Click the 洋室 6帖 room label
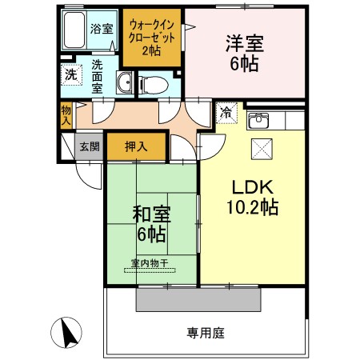pyautogui.click(x=245, y=54)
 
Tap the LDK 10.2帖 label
pyautogui.click(x=253, y=198)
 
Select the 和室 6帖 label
pyautogui.click(x=151, y=225)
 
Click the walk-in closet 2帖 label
pyautogui.click(x=151, y=38)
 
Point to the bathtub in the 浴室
pyautogui.click(x=74, y=30)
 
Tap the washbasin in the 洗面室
pyautogui.click(x=124, y=82)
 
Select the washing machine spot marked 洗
pyautogui.click(x=71, y=75)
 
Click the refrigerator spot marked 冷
pyautogui.click(x=226, y=113)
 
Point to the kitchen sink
pyautogui.click(x=258, y=121)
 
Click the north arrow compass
pyautogui.click(x=66, y=333)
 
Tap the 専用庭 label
pyautogui.click(x=206, y=333)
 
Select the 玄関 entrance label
pyautogui.click(x=90, y=146)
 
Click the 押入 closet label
pyautogui.click(x=136, y=146)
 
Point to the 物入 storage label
pyautogui.click(x=66, y=115)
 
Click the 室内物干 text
pyautogui.click(x=150, y=263)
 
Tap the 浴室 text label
pyautogui.click(x=102, y=29)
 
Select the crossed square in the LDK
pyautogui.click(x=262, y=149)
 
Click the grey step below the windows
pyautogui.click(x=198, y=299)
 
